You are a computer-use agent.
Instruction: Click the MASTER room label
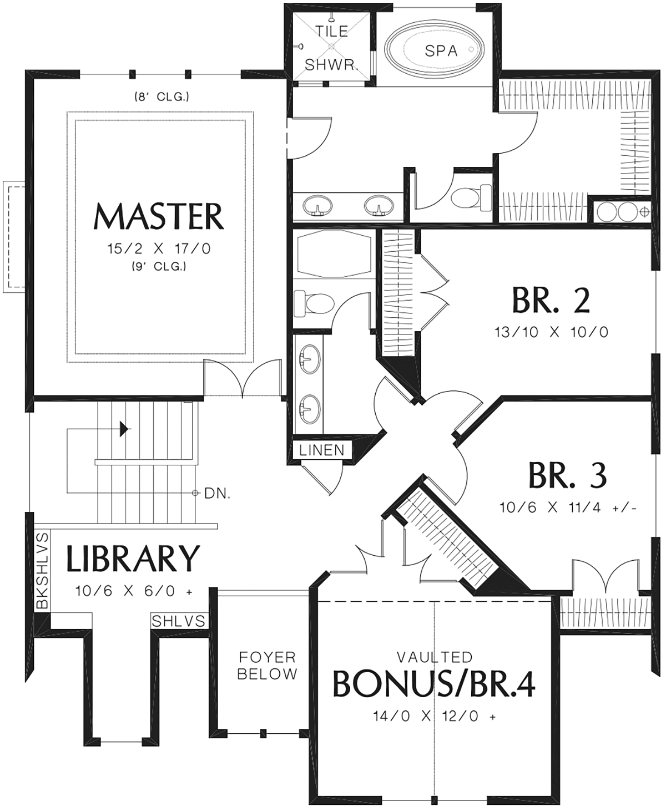click(x=159, y=216)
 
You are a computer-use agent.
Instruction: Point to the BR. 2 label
click(x=551, y=301)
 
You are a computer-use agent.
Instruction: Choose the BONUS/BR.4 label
click(x=434, y=684)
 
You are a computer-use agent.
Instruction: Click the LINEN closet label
click(x=322, y=450)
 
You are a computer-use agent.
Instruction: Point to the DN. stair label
click(x=218, y=494)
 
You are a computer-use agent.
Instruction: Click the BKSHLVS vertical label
click(x=43, y=570)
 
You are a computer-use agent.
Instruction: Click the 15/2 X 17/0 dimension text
click(x=159, y=248)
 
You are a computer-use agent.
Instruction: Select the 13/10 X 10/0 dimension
click(x=552, y=332)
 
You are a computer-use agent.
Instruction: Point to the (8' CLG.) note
click(x=162, y=97)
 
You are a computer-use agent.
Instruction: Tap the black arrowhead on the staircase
click(x=124, y=429)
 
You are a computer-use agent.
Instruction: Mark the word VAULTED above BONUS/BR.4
click(x=435, y=657)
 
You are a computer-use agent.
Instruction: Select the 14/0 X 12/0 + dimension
click(x=435, y=716)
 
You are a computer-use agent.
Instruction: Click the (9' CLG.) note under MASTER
click(x=159, y=266)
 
